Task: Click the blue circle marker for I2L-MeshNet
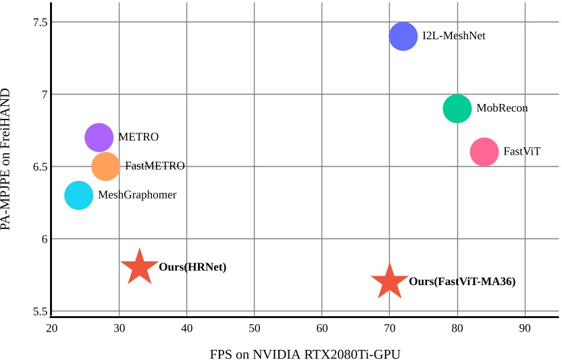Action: pos(403,36)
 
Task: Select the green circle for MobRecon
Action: pos(457,108)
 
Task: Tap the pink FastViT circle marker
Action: pos(484,152)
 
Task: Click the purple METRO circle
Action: pos(99,137)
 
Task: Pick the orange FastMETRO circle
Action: pos(105,166)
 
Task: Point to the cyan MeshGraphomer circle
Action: pos(78,195)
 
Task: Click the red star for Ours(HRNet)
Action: pos(139,267)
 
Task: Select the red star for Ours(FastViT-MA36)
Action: pos(389,282)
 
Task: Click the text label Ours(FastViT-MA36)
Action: pos(462,282)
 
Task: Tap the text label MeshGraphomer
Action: pos(137,195)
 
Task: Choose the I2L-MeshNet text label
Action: pos(454,36)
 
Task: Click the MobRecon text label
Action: pos(502,108)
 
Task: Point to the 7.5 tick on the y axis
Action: pos(40,22)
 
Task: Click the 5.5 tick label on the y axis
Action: pos(40,311)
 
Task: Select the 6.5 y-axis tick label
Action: pos(40,167)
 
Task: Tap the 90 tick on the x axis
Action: pos(525,329)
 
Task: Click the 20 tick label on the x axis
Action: pos(51,329)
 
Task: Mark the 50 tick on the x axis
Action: pos(255,329)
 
